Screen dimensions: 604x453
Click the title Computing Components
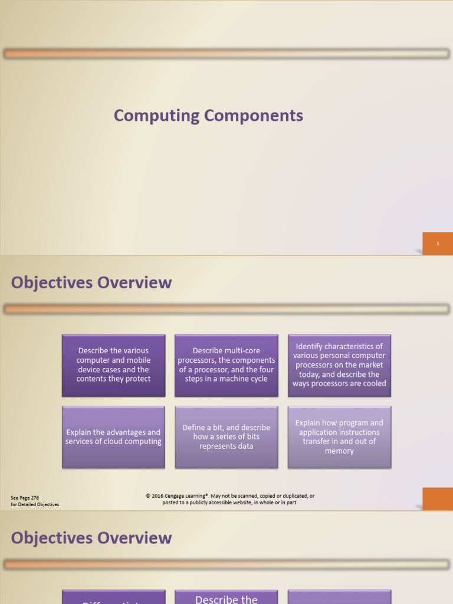(x=208, y=116)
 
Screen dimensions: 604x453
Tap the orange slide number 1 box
(x=438, y=244)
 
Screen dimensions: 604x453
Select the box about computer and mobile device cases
(x=113, y=365)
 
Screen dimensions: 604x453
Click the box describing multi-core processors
(x=226, y=365)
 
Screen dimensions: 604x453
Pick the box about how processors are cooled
(x=339, y=365)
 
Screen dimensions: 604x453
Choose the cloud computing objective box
(x=113, y=437)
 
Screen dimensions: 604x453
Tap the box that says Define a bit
(x=226, y=437)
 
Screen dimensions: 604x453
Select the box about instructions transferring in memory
(x=339, y=437)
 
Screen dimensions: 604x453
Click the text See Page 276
(x=25, y=498)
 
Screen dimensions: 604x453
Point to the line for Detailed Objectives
(x=35, y=505)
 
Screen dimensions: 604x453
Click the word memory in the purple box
(x=339, y=451)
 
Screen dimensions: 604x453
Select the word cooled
(x=373, y=384)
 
